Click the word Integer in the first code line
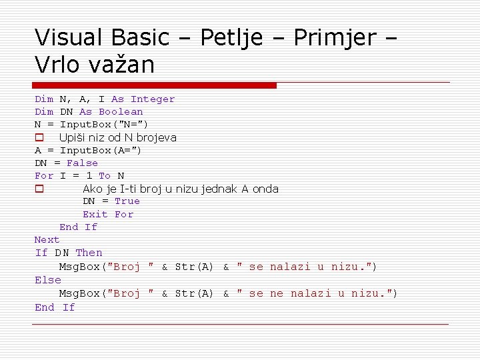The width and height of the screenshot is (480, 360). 153,99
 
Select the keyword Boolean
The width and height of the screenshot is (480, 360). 121,112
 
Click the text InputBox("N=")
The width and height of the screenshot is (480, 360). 104,125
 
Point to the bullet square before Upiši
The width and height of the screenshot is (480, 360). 39,138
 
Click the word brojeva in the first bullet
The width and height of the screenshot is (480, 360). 154,138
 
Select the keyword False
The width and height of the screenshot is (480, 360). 83,163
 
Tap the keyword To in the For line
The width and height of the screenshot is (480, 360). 104,176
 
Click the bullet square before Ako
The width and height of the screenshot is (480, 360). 39,189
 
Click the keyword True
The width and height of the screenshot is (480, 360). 127,201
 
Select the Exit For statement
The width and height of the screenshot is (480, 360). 108,215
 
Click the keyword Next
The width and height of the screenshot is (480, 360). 47,240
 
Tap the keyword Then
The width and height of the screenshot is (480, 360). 89,253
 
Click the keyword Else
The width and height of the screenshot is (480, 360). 48,281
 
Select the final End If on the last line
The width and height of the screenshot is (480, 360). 55,307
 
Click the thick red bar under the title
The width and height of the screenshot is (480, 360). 155,85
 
